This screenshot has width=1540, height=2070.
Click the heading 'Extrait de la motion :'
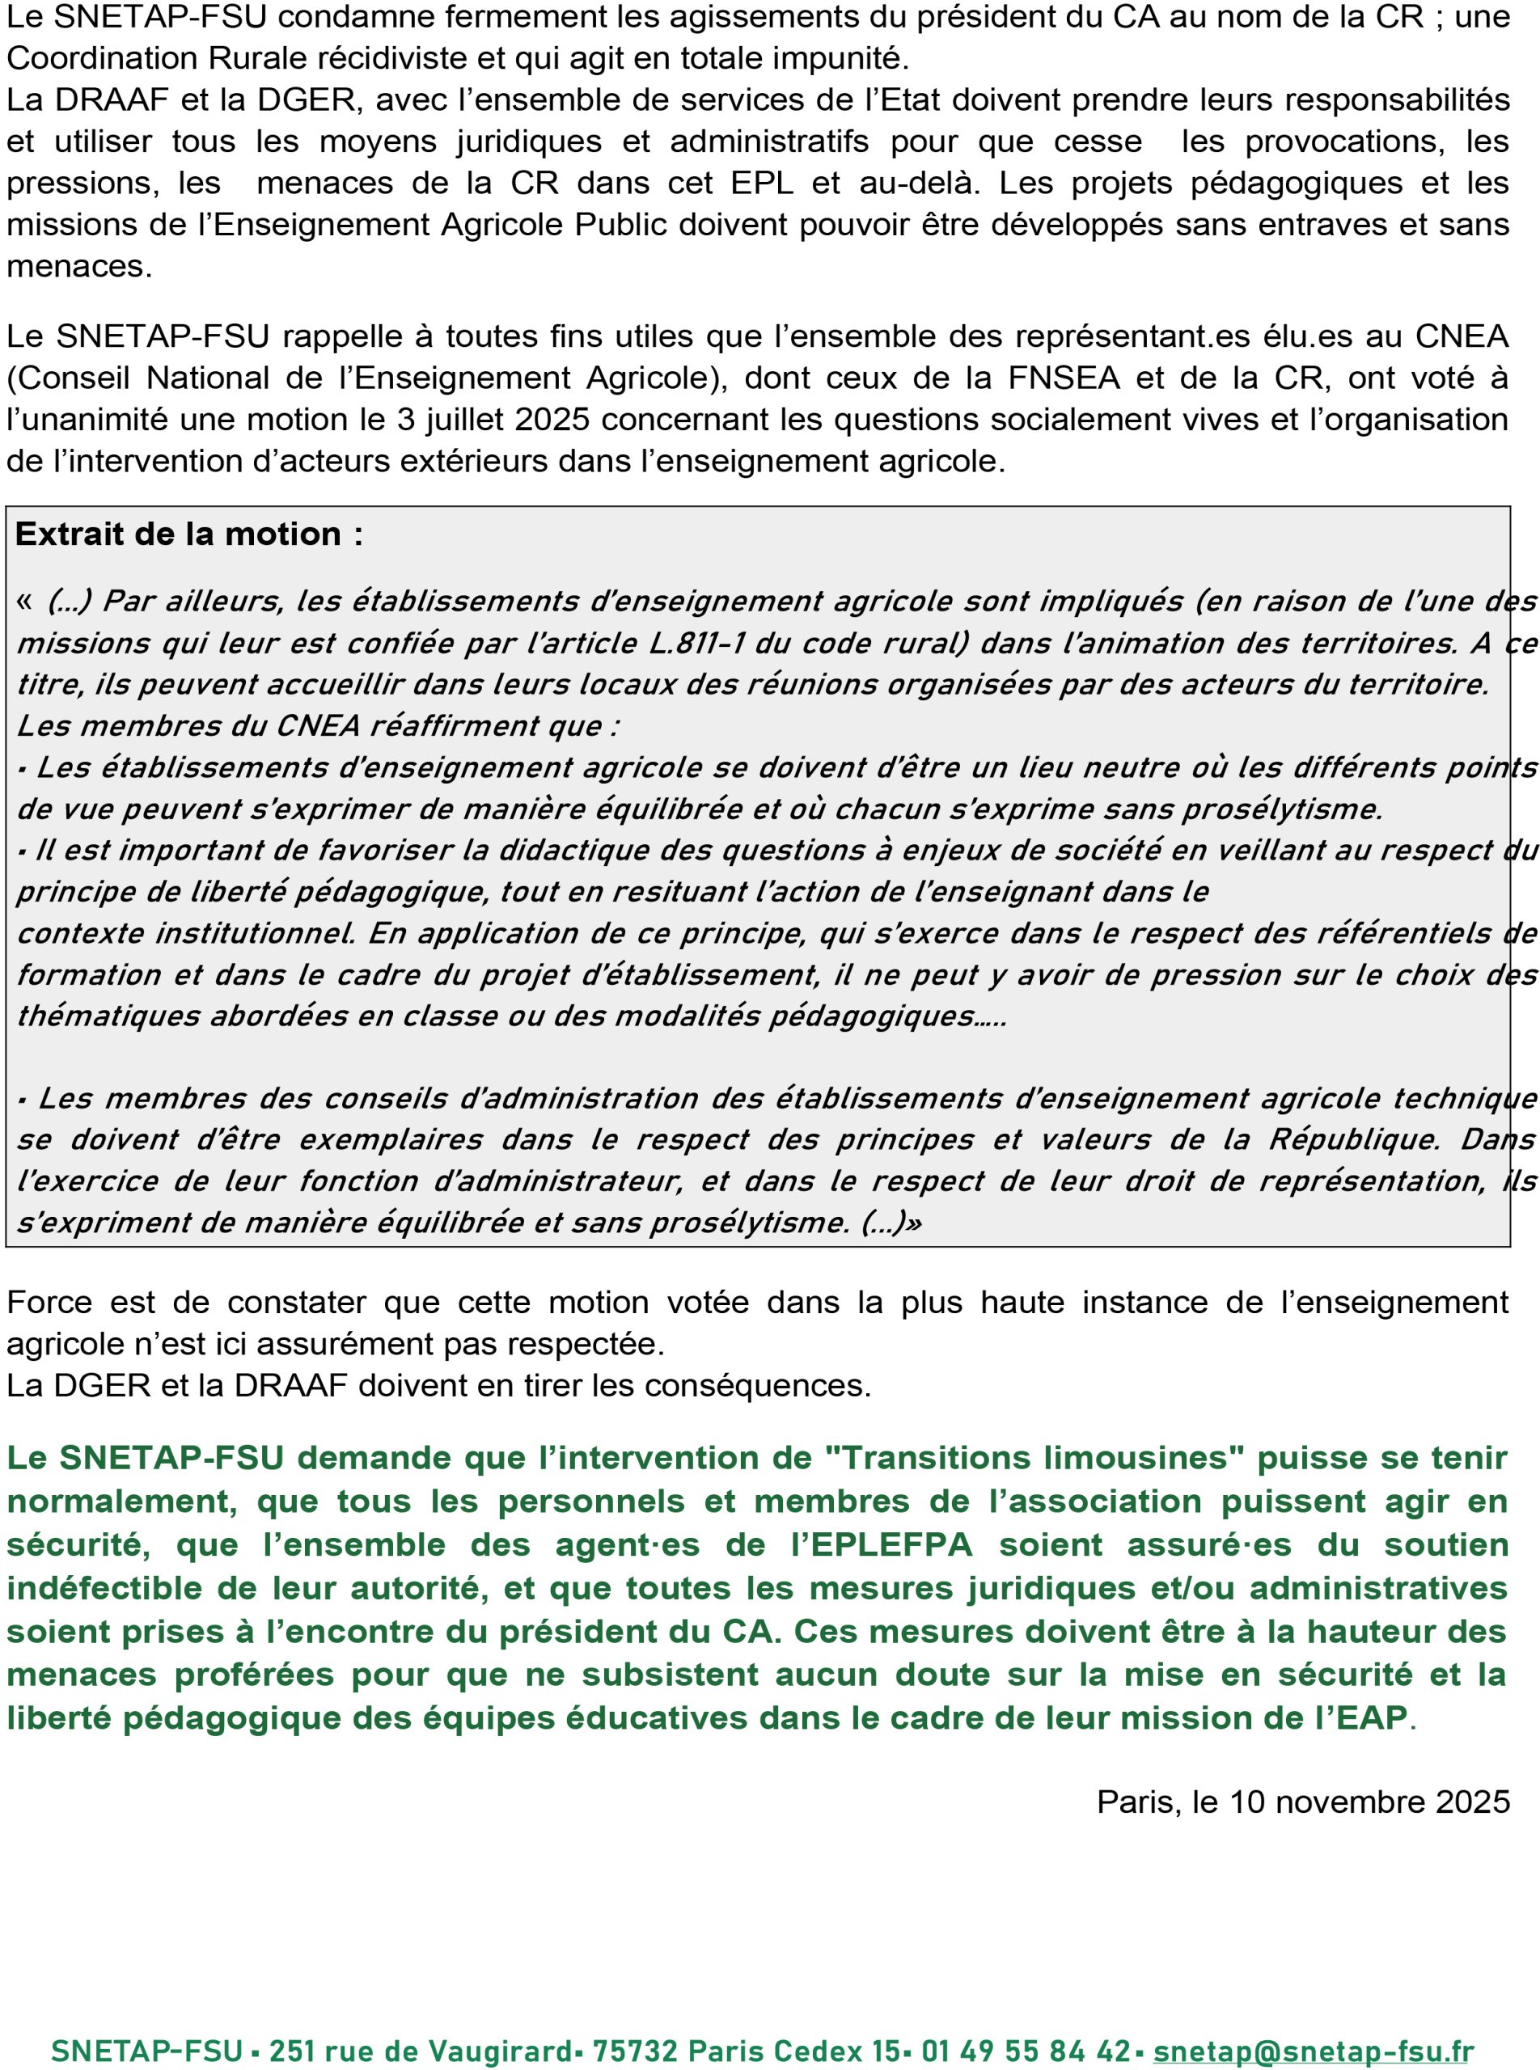click(x=189, y=534)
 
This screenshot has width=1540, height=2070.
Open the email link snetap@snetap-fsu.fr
click(x=1314, y=2026)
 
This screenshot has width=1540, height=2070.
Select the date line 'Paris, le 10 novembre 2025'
click(x=1302, y=1802)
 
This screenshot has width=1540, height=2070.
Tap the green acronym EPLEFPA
click(x=891, y=1544)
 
